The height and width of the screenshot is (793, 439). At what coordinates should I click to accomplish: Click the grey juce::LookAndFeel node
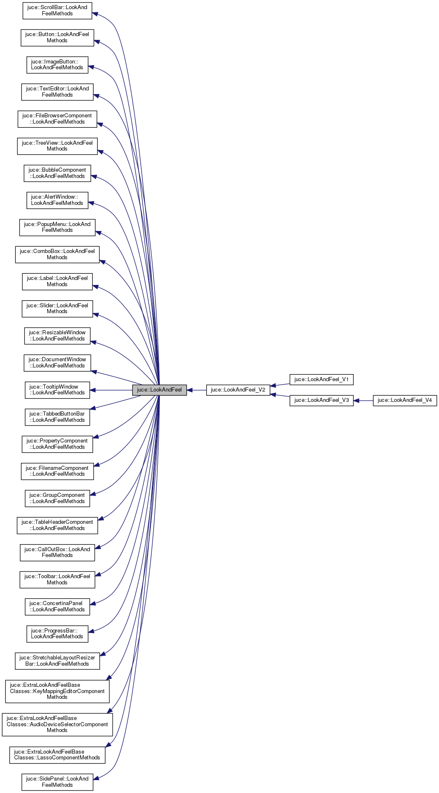click(159, 390)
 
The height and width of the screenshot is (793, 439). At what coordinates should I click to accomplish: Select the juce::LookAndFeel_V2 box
click(238, 390)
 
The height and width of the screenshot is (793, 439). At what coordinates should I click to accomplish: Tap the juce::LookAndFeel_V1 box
click(321, 379)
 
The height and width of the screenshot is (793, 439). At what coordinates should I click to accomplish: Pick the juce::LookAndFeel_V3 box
click(321, 400)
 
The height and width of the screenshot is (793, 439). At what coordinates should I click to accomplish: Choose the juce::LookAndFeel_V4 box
click(405, 400)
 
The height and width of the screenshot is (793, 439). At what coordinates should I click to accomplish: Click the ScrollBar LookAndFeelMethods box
click(57, 11)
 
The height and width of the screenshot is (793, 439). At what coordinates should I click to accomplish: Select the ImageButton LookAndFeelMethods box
click(57, 65)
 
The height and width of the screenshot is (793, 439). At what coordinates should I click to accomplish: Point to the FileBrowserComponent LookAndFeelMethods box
click(57, 119)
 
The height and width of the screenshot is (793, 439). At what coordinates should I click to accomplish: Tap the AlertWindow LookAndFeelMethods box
click(57, 200)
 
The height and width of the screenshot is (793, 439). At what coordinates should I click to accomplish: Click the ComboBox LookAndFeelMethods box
click(57, 255)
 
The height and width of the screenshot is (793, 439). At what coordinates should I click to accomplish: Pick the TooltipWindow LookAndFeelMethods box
click(57, 390)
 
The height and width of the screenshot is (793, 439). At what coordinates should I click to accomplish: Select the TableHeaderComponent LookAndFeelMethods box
click(57, 525)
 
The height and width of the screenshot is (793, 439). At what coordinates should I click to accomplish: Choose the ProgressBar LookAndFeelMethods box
click(57, 634)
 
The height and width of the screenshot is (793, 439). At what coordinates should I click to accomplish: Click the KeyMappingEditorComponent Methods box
click(57, 691)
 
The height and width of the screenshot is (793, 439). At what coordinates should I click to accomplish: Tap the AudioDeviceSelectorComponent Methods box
click(57, 725)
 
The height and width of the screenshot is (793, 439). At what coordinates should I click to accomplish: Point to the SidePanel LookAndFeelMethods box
click(57, 782)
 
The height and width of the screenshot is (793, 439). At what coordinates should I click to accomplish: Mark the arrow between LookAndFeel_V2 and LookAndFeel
click(196, 390)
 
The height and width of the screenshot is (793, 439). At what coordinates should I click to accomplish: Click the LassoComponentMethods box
click(57, 755)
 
